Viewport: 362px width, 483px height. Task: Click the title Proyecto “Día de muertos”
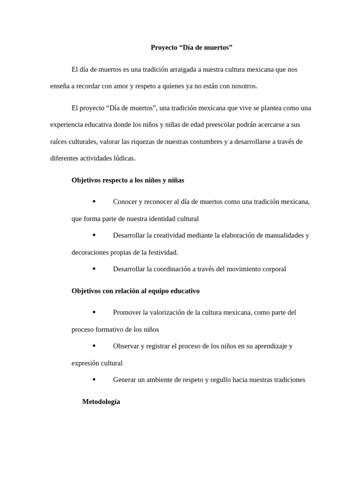[191, 48]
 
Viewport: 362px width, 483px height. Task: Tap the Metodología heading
[101, 402]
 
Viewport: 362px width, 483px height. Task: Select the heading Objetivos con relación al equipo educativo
[135, 291]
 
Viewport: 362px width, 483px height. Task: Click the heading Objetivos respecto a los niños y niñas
[128, 180]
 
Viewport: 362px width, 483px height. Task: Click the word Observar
[126, 346]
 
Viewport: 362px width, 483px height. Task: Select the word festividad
[162, 252]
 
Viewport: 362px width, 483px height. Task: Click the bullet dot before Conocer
[94, 201]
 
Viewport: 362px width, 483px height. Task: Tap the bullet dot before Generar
[94, 379]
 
